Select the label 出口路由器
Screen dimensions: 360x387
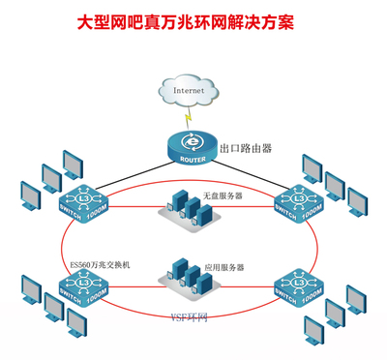tap(246, 149)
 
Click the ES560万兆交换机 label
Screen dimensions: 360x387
tap(99, 263)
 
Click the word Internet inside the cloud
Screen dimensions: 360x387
tap(190, 91)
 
